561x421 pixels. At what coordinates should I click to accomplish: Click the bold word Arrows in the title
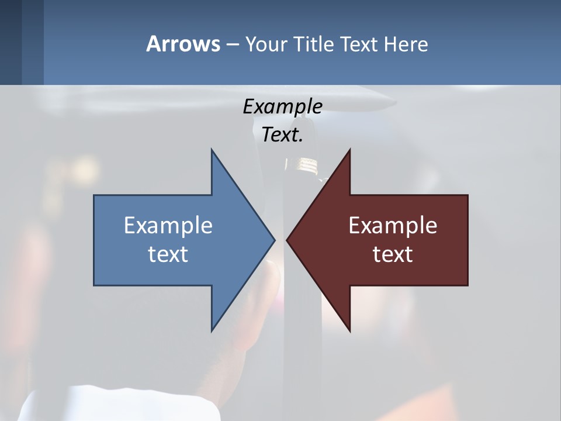point(182,44)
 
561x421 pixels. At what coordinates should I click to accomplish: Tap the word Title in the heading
point(314,44)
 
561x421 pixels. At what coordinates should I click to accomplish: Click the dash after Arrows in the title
point(231,44)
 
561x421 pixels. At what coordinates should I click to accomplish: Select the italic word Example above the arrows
point(282,106)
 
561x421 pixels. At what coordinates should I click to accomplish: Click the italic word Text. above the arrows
point(282,135)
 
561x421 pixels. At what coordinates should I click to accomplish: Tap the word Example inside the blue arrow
point(168,225)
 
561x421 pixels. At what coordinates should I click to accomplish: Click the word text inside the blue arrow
point(168,254)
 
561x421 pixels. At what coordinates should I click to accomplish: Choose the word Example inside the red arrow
point(393,225)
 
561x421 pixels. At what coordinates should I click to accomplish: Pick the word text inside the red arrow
point(393,254)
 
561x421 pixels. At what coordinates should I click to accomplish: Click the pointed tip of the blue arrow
point(274,240)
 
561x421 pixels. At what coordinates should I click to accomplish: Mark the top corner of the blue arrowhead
point(212,150)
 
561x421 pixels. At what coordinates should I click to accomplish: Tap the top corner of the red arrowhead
point(349,150)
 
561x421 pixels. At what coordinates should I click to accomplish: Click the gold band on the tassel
point(306,166)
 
